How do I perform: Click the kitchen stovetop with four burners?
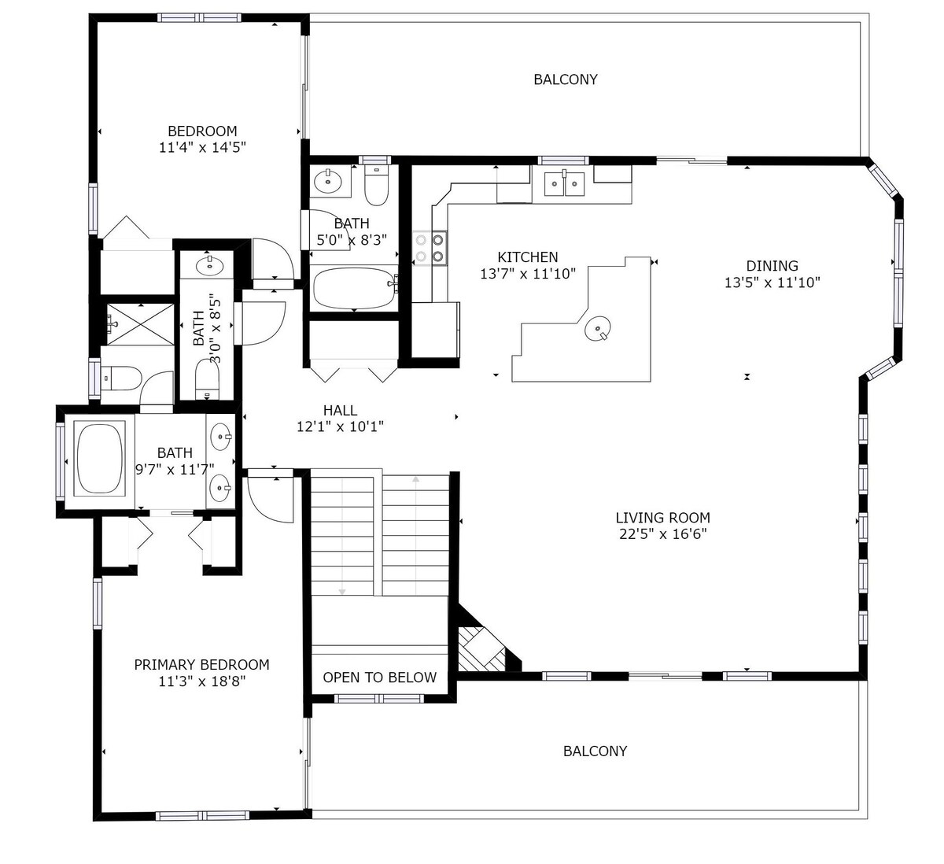click(x=430, y=248)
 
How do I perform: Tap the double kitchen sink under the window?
click(x=564, y=183)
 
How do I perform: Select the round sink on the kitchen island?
click(x=598, y=328)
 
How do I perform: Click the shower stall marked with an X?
click(x=140, y=324)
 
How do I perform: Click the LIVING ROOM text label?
click(x=662, y=518)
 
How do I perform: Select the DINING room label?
click(x=773, y=266)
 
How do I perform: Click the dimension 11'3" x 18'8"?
click(x=202, y=681)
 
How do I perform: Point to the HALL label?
click(x=340, y=411)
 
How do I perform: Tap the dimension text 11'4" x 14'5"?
click(x=202, y=147)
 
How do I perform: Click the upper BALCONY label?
click(x=565, y=79)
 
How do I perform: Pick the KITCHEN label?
click(x=528, y=257)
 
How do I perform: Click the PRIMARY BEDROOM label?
click(x=202, y=665)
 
